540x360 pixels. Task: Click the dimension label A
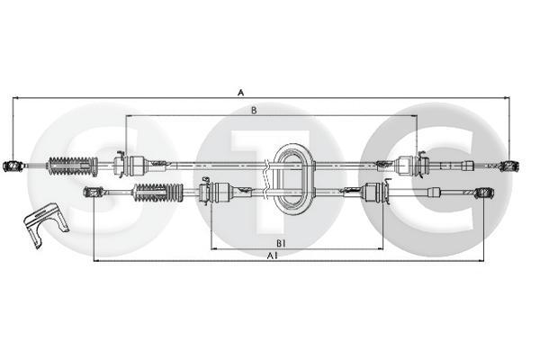click(241, 93)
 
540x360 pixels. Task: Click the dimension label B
click(254, 110)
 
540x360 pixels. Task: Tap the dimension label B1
click(281, 243)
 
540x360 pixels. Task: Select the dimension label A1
click(273, 256)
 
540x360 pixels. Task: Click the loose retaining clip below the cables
click(45, 225)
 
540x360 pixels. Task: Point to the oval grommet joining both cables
click(293, 179)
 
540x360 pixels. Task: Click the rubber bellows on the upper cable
click(72, 166)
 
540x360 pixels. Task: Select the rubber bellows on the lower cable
click(158, 193)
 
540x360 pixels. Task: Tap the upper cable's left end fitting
click(13, 166)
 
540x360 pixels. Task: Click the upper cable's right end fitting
click(509, 166)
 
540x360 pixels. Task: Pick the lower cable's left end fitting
click(94, 192)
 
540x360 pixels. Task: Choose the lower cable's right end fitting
click(483, 193)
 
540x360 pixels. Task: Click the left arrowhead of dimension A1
click(96, 261)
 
